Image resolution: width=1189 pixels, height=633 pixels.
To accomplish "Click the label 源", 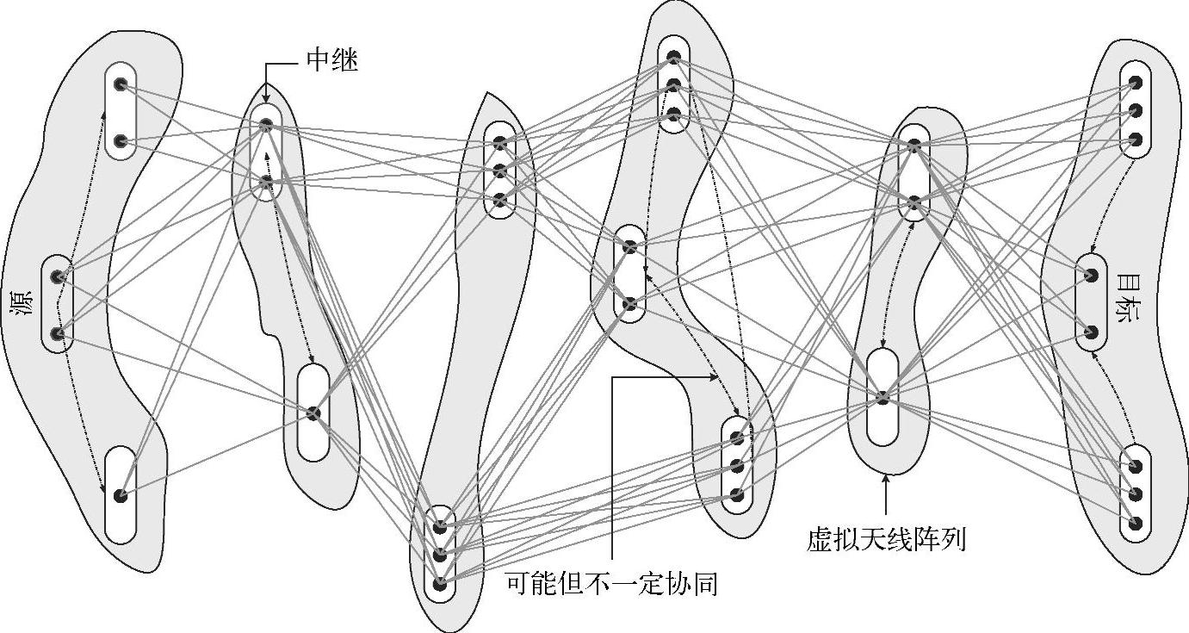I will (x=22, y=305).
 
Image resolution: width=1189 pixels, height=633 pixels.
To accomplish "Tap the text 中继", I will (x=331, y=61).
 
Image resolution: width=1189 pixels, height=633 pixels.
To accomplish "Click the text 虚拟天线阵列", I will (x=886, y=540).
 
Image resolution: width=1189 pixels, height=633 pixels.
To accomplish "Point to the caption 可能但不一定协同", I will (x=611, y=585).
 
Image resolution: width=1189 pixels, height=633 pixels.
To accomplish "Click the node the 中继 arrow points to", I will (x=267, y=126).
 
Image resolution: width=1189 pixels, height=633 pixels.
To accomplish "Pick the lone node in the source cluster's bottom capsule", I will (x=121, y=495).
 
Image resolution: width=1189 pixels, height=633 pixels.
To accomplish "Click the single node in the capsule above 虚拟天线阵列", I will (x=882, y=397).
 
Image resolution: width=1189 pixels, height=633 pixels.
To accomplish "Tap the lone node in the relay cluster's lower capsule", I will (x=313, y=413).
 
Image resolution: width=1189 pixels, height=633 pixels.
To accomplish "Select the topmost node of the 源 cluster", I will (x=121, y=84).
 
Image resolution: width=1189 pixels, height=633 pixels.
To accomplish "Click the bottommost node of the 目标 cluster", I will (x=1135, y=523).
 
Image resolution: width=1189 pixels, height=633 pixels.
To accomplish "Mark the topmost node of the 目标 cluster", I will (x=1136, y=83).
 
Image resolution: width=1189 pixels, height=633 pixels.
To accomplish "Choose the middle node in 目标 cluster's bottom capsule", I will (x=1135, y=494).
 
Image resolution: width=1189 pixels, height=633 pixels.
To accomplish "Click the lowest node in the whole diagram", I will (x=441, y=584).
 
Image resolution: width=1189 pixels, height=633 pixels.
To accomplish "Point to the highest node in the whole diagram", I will (x=674, y=57).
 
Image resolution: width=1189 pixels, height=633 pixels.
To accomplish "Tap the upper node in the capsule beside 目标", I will (x=1091, y=276).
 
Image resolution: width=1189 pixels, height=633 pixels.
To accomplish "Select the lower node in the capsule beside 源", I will (x=59, y=333).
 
